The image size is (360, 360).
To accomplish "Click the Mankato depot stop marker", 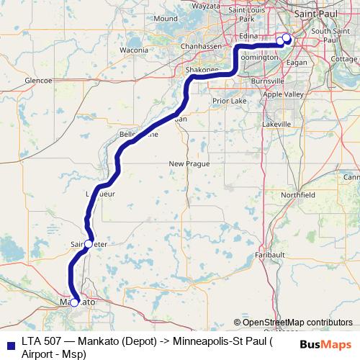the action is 73,302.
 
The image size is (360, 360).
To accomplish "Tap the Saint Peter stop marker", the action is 89,244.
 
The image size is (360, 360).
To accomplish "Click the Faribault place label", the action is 270,255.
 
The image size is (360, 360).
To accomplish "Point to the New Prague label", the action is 189,164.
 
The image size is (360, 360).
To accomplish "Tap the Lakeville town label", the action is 277,125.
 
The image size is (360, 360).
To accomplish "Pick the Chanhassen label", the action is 192,45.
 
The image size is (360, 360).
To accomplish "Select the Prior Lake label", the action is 229,102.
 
